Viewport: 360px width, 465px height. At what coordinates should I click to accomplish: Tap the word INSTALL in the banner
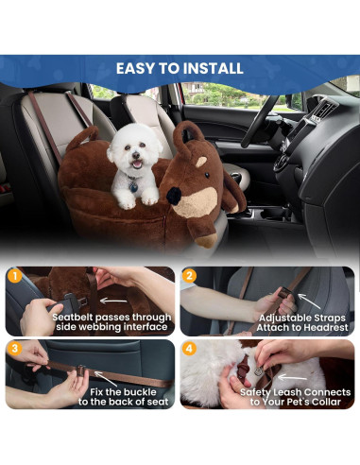coord(214,68)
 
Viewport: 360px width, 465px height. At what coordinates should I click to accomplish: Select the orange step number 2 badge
coord(190,277)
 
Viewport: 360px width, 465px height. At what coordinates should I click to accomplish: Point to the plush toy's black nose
coord(176,194)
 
